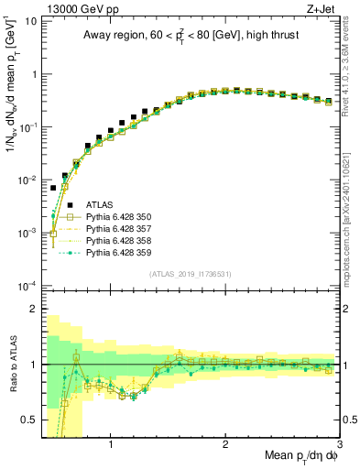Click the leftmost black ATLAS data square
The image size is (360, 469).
pos(53,188)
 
